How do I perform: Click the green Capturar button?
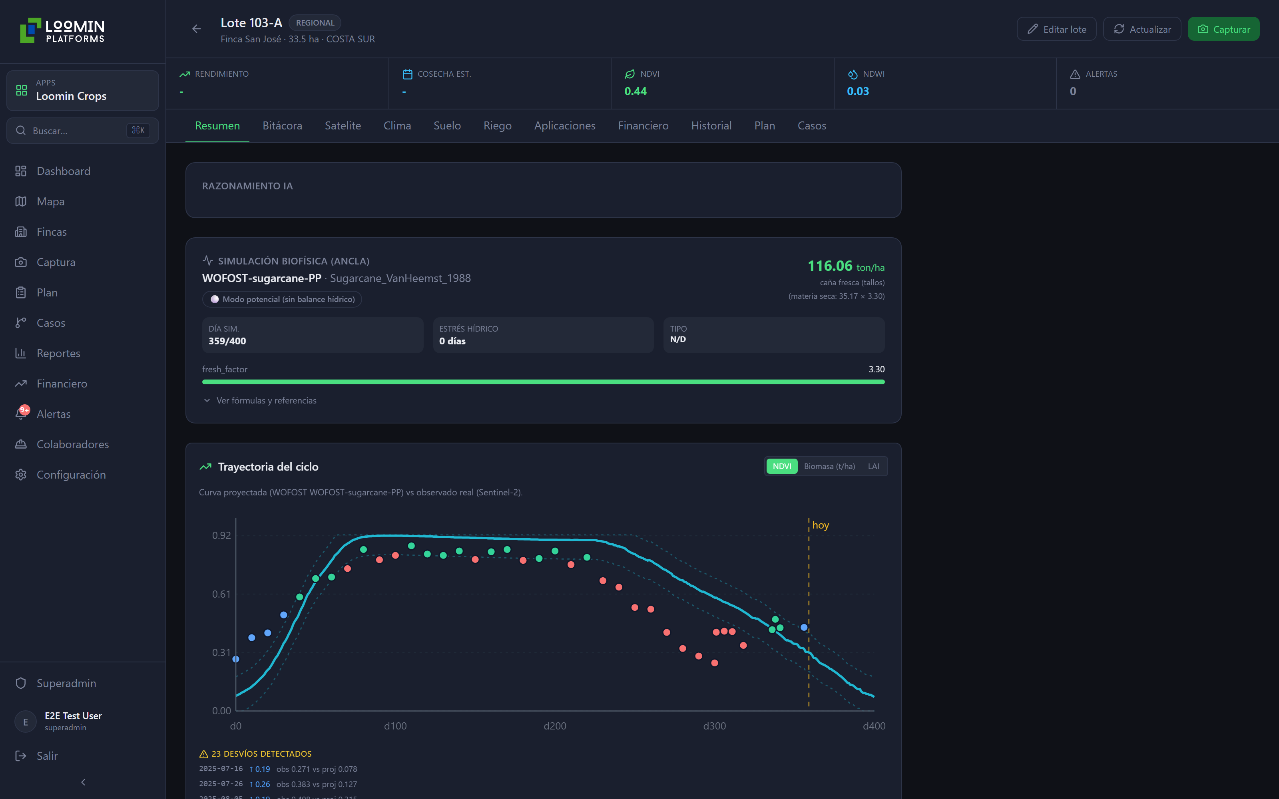tap(1223, 29)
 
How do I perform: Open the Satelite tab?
tap(343, 126)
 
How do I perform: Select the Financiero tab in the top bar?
tap(643, 126)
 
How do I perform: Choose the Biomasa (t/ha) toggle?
tap(829, 466)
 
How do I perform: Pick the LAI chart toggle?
tap(873, 466)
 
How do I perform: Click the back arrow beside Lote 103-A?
tap(197, 29)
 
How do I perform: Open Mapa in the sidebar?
tap(51, 201)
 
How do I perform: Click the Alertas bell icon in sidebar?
tap(21, 414)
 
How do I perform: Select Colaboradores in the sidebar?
tap(73, 444)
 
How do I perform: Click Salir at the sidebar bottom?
tap(47, 756)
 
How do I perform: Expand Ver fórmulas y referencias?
tap(266, 401)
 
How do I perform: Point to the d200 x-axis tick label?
tap(555, 726)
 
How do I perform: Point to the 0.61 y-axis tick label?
tap(221, 594)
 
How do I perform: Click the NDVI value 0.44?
tap(635, 91)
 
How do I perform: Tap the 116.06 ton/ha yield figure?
tap(846, 266)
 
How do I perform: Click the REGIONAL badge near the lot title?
tap(315, 23)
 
